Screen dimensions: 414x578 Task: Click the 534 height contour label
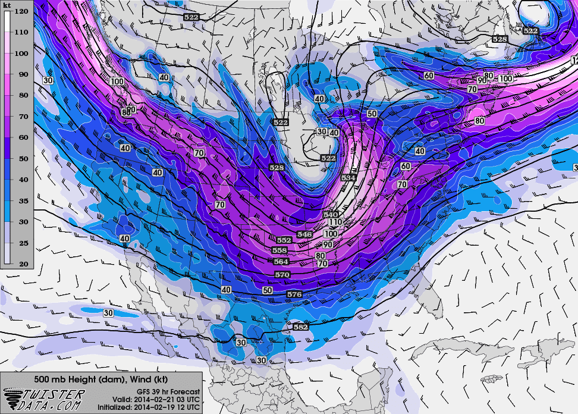tap(349, 178)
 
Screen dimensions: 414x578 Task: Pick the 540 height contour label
tap(331, 214)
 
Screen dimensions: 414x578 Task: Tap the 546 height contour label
tap(304, 234)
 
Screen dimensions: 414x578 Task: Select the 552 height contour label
tap(284, 240)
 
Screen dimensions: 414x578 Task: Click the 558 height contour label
tap(279, 251)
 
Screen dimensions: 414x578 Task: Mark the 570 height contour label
tap(283, 274)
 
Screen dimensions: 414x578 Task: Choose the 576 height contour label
tap(294, 294)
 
